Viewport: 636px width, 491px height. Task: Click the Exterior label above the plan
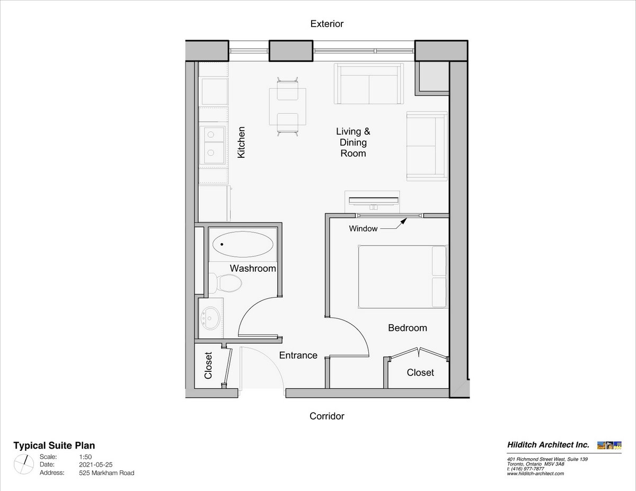click(x=326, y=24)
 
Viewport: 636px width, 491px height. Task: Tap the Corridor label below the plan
click(x=326, y=416)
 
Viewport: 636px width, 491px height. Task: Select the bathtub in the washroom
click(x=243, y=244)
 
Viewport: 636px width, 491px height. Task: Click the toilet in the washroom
click(x=225, y=283)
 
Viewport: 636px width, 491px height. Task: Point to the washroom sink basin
click(x=210, y=318)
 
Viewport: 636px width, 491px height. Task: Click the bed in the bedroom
click(x=403, y=276)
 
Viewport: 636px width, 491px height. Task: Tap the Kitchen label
click(x=241, y=142)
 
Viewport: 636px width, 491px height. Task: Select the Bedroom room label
click(x=408, y=327)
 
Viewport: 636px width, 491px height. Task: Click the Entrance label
click(x=298, y=355)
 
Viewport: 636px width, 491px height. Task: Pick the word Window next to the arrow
click(x=363, y=228)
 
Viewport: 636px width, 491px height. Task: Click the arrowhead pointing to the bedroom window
click(x=404, y=221)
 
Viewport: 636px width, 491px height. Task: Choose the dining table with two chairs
click(x=287, y=106)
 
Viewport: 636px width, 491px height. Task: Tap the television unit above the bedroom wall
click(x=373, y=202)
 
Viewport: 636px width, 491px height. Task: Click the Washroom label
click(x=253, y=268)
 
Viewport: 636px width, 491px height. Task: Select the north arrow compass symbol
click(x=24, y=465)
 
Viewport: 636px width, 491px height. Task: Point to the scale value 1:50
click(x=85, y=457)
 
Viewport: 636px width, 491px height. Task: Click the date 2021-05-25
click(x=96, y=465)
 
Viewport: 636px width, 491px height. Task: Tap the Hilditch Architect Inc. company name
click(x=548, y=445)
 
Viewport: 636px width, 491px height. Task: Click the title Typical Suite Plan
click(x=54, y=445)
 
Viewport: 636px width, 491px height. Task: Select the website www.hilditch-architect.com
click(x=535, y=474)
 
